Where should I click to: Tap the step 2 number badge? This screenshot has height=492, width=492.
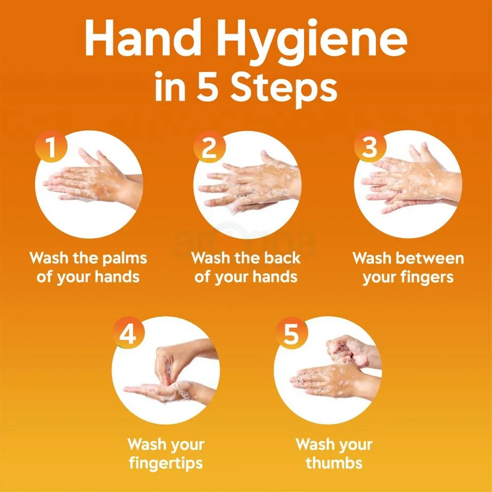coord(209,147)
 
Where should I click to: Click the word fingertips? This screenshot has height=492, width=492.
coord(165,463)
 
